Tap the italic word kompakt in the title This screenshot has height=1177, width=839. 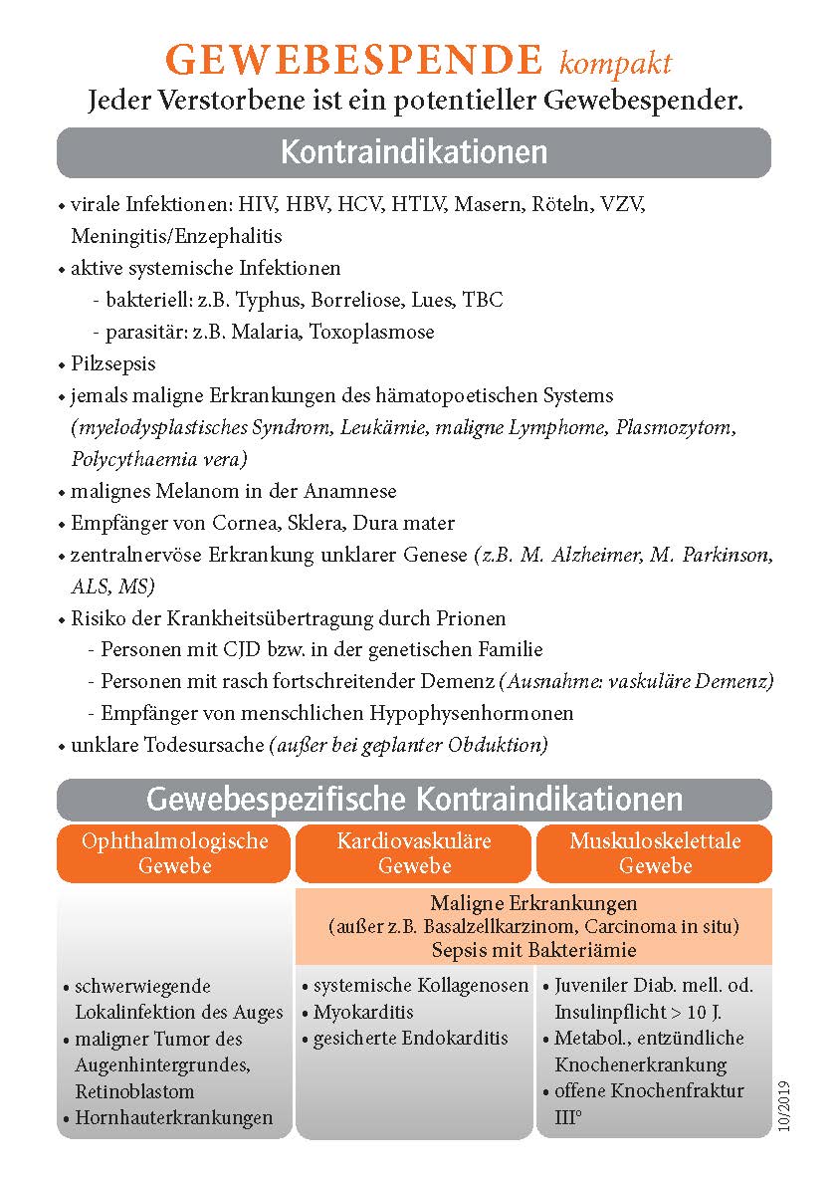pos(615,65)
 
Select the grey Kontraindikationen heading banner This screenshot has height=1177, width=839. pos(414,152)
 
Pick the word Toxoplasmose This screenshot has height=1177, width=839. pos(372,332)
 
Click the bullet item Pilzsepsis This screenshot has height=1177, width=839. pos(113,363)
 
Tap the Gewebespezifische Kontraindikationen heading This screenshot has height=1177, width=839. pos(414,800)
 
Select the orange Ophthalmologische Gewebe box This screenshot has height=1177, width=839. pos(175,853)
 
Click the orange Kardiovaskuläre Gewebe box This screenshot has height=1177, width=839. pos(414,853)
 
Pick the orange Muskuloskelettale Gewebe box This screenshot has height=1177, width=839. pos(655,853)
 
